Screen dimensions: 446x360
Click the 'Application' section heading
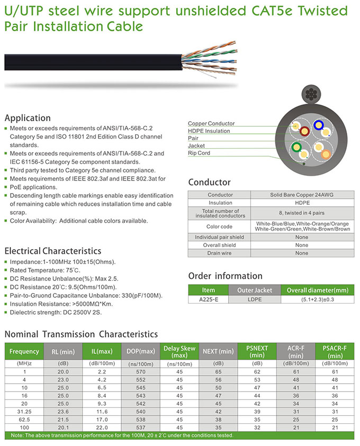coord(28,118)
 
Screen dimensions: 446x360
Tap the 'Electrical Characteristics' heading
coord(52,251)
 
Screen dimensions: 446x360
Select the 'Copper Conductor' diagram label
coord(211,123)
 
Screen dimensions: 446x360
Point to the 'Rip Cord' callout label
coord(199,153)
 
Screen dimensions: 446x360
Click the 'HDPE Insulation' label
coord(209,131)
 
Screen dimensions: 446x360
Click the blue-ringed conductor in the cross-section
coord(319,125)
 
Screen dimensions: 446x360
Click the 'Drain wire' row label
coord(219,253)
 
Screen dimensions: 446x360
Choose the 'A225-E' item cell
coord(209,299)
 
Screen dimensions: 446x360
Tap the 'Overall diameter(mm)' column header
coord(317,290)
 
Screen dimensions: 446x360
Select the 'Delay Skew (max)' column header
coord(179,351)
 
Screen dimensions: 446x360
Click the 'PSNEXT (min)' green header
coord(257,351)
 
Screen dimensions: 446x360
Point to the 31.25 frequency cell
coord(24,411)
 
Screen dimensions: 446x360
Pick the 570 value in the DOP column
coord(140,371)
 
